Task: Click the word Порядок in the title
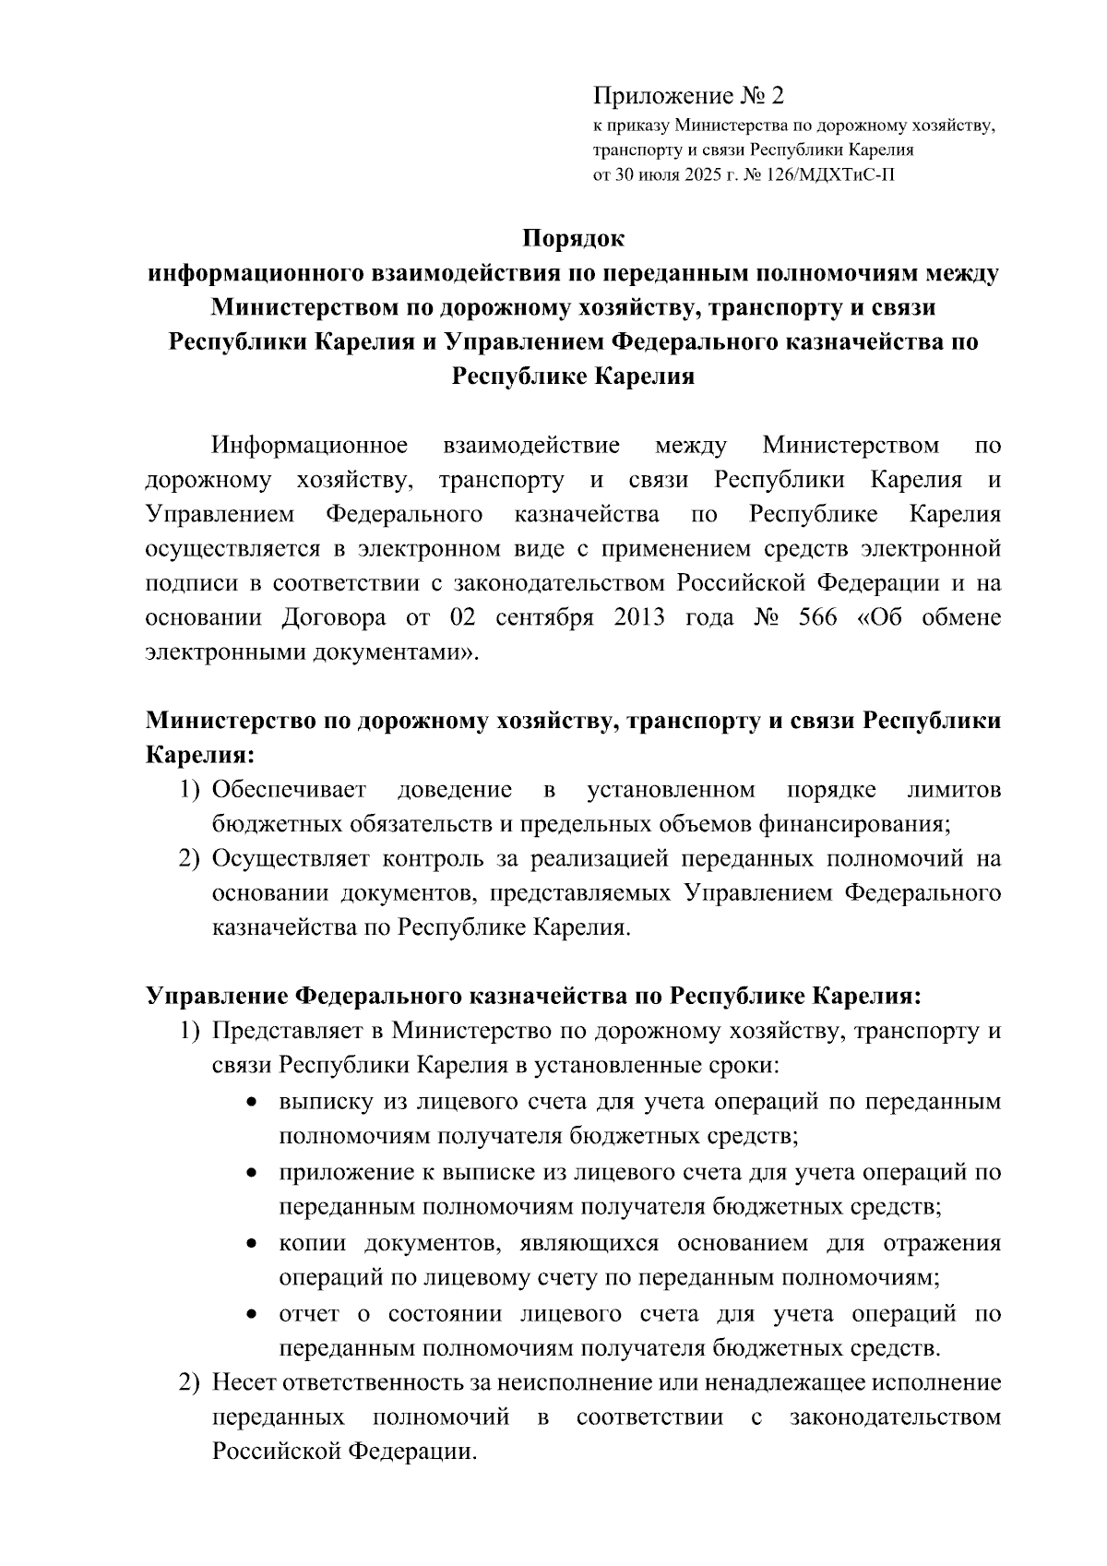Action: coord(573,238)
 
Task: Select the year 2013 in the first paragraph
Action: coord(638,617)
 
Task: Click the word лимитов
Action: coord(954,790)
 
